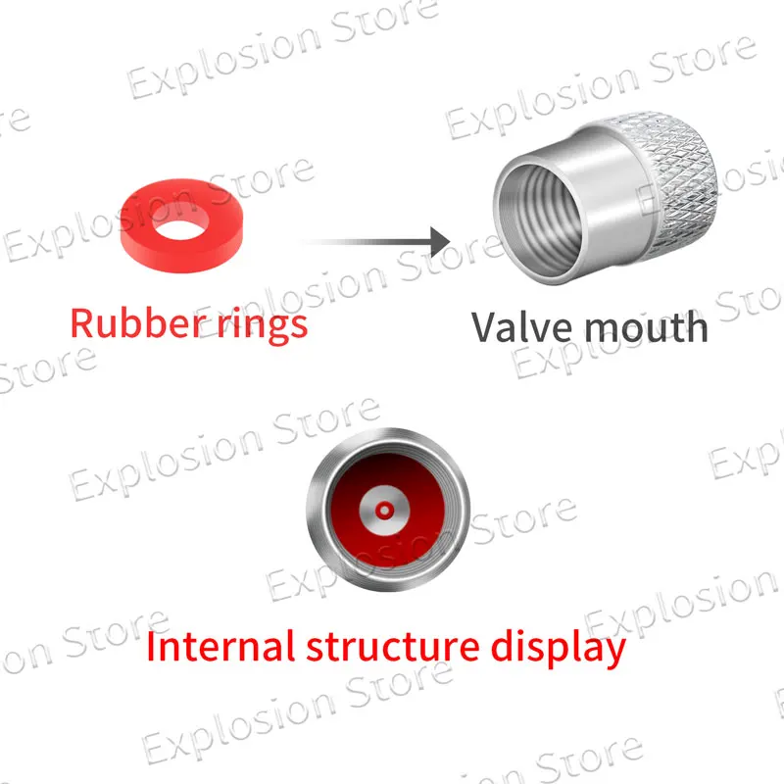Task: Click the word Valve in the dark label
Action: coord(518,326)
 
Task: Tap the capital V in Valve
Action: coord(485,326)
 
